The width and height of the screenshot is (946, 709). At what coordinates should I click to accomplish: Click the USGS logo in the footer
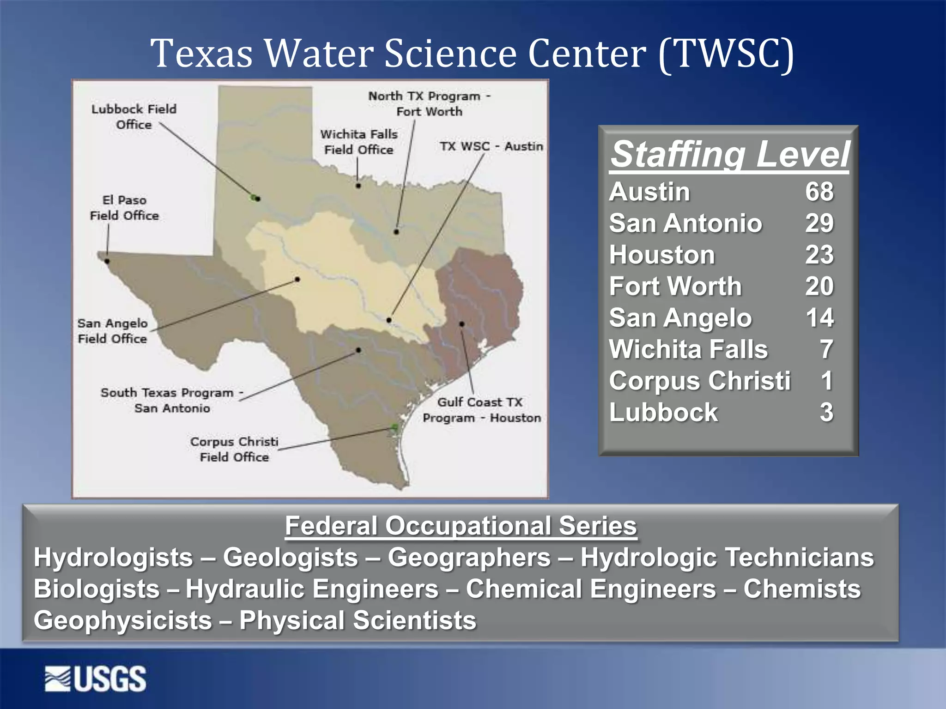pos(96,679)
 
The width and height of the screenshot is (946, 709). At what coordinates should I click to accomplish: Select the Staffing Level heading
pos(729,154)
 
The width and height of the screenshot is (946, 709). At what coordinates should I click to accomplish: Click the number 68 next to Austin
pos(819,192)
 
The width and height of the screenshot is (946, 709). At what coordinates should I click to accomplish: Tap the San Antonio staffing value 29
pos(819,223)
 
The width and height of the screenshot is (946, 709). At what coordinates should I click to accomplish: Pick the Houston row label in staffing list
pos(661,255)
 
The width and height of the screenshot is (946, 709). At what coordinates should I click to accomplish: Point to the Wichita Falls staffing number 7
pos(826,349)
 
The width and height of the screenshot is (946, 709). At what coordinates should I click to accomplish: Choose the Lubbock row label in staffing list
pos(663,412)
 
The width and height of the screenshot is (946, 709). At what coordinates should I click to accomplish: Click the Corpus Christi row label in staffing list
pos(699,381)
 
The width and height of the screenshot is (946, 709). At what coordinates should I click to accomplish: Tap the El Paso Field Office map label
pos(124,208)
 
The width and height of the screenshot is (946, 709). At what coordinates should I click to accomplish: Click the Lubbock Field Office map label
pos(134,117)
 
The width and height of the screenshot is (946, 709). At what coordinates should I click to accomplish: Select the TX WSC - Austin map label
pos(491,146)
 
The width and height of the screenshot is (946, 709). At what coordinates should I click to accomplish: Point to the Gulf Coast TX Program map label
pos(481,410)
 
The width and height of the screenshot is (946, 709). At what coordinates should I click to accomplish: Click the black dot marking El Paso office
pos(107,261)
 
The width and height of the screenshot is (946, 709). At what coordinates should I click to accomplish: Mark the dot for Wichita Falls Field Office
pos(358,186)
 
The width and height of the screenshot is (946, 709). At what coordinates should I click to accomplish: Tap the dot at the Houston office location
pos(462,324)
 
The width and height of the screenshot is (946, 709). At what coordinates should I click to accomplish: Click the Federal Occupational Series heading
pos(461,526)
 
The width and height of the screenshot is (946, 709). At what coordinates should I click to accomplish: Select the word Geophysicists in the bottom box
pos(122,620)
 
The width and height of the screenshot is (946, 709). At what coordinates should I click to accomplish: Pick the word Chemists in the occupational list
pos(802,589)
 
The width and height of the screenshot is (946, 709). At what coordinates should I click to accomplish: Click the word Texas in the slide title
pos(201,53)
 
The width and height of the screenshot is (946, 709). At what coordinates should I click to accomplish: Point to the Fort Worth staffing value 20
pos(819,286)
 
